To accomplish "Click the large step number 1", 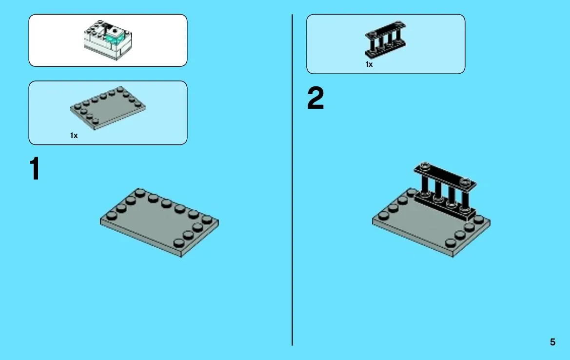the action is [x=35, y=168].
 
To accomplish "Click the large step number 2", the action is [x=315, y=98].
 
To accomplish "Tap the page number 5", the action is [x=552, y=342].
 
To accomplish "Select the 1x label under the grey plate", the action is [x=74, y=136].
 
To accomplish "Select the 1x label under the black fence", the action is [x=369, y=64].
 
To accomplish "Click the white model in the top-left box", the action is [x=108, y=40].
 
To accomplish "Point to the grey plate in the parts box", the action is [x=108, y=108].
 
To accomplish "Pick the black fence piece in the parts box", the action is [x=385, y=40].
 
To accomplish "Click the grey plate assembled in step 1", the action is [x=159, y=222].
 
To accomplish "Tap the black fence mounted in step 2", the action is [x=445, y=191].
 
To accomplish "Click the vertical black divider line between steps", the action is [x=292, y=180].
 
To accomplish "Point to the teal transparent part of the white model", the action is [x=115, y=37].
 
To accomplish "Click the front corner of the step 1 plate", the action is [x=181, y=257].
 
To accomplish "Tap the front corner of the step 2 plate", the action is [x=453, y=257].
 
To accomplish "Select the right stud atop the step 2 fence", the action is [x=465, y=182].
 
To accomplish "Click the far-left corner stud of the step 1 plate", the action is [x=111, y=216].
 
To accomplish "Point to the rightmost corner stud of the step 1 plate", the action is [x=207, y=220].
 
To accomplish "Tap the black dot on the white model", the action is [x=115, y=31].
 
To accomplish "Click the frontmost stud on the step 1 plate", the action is [x=178, y=243].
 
